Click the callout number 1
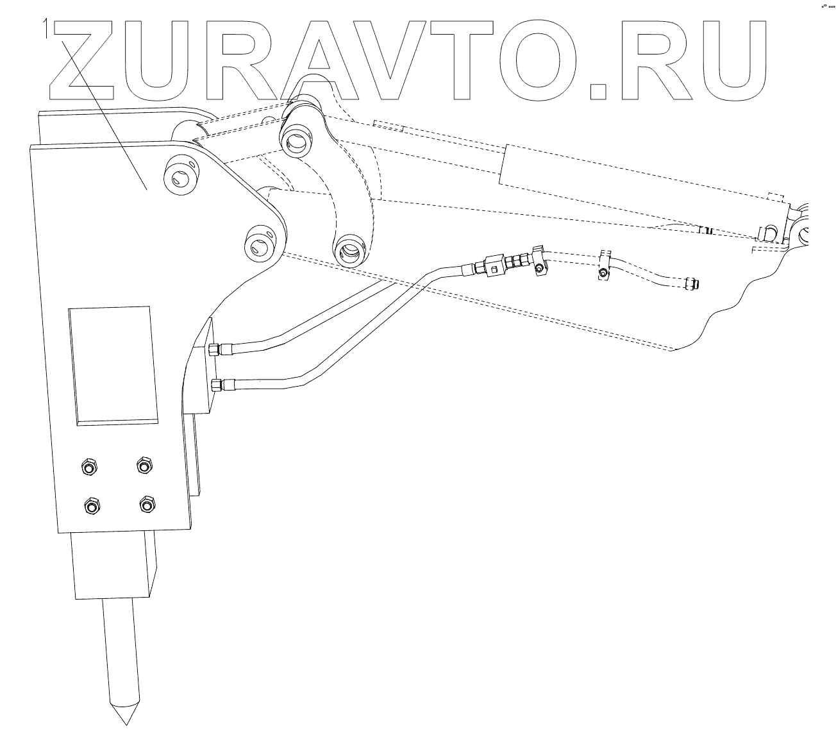[46, 28]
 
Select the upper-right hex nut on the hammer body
[144, 464]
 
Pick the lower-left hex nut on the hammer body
[92, 507]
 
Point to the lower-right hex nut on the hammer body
[148, 504]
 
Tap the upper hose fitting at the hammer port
[219, 349]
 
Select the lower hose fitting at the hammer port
[222, 385]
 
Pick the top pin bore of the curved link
[297, 139]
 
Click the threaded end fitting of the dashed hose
[692, 283]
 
